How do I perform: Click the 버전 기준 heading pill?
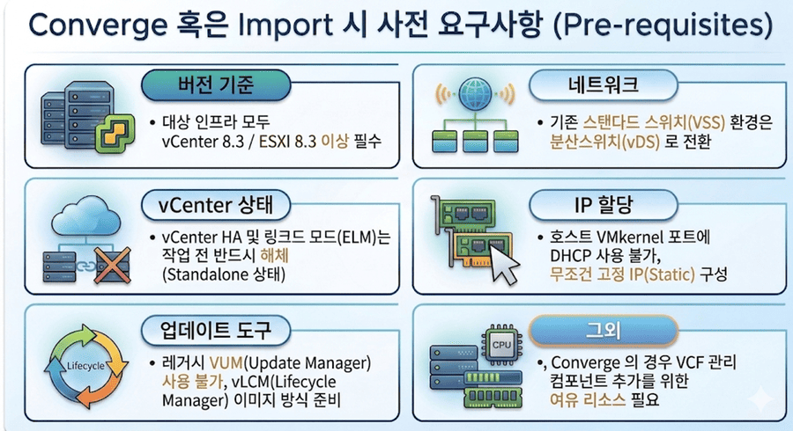(x=216, y=84)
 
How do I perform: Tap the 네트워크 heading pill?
(x=604, y=84)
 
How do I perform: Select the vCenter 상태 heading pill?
(x=216, y=206)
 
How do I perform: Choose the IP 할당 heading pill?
(x=604, y=206)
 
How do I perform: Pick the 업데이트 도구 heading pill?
(x=216, y=331)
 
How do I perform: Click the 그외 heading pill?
(x=604, y=331)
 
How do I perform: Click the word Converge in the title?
(x=98, y=25)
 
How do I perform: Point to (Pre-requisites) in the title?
(x=663, y=25)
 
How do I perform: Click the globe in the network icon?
(x=475, y=94)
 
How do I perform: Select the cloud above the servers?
(x=86, y=217)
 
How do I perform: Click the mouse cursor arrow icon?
(x=500, y=265)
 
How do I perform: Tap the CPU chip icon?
(x=501, y=345)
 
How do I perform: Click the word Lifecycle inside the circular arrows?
(x=86, y=366)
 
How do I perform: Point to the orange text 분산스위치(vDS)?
(x=604, y=142)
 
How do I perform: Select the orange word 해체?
(x=274, y=255)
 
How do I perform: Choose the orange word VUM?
(x=226, y=363)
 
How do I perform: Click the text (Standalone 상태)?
(x=224, y=274)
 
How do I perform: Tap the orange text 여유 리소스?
(x=588, y=400)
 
